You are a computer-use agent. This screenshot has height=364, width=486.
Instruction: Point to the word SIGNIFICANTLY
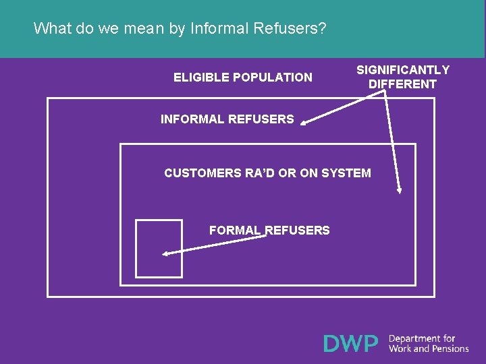coord(403,70)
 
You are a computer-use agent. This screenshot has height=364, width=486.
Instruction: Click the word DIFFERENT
coord(403,84)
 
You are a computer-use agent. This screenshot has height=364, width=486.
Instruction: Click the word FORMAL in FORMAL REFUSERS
coord(235,231)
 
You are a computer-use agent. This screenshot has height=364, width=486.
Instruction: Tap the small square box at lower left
coord(159,248)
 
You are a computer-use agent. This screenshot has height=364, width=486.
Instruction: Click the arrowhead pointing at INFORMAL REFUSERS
coord(304,123)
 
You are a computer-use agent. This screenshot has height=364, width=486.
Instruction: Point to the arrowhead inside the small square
coord(166,254)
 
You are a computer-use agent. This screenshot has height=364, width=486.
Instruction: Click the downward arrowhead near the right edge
coord(400,189)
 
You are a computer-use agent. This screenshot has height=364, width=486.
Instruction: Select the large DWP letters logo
coord(351,344)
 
